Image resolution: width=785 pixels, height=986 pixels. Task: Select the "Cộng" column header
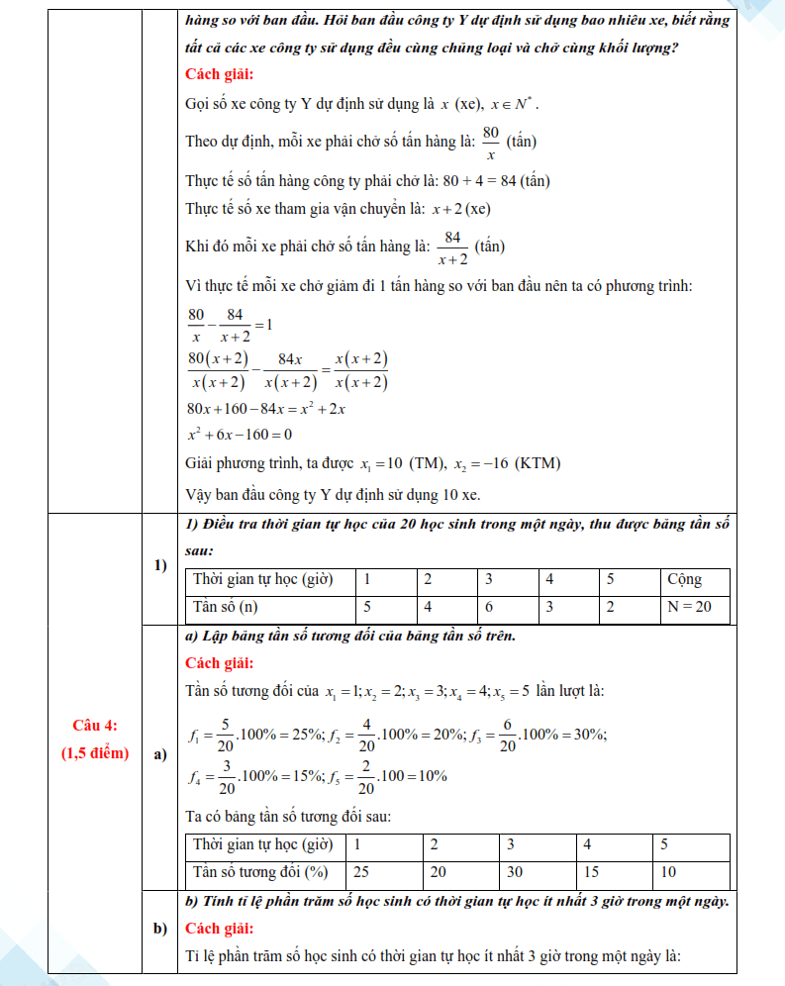point(685,579)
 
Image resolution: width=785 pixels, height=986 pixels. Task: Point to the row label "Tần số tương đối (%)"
point(259,872)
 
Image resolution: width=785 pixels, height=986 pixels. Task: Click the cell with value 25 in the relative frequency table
point(362,872)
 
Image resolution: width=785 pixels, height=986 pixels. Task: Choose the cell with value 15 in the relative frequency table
point(591,872)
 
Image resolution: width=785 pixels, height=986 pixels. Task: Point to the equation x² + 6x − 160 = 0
point(239,435)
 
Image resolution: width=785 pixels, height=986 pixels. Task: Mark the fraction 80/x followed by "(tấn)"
point(490,142)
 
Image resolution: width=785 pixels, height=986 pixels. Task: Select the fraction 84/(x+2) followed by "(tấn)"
point(452,246)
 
